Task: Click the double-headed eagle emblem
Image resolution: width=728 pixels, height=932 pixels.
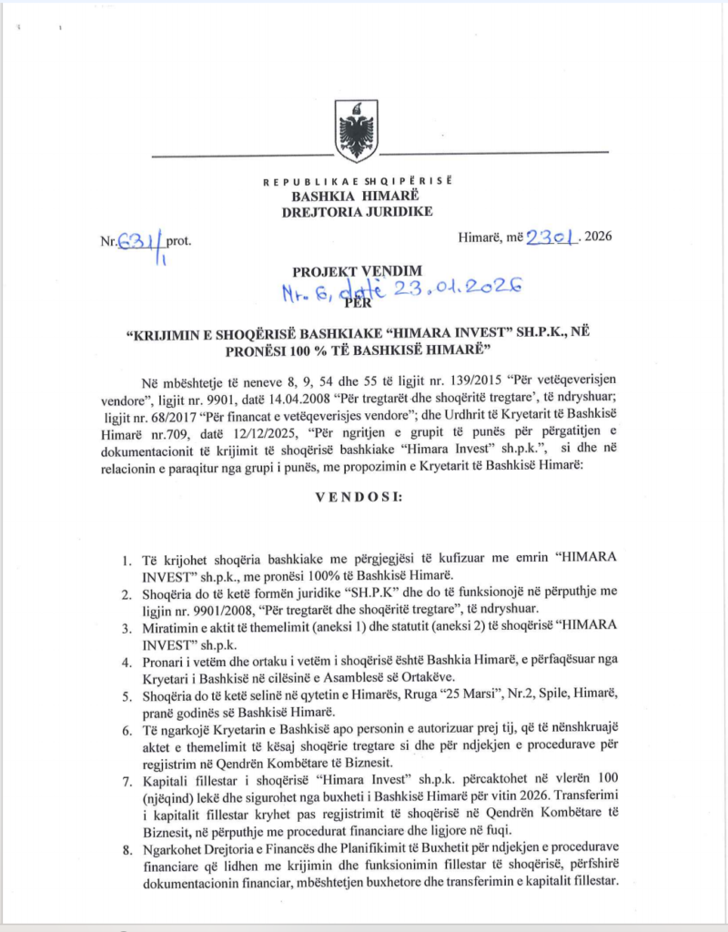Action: [x=357, y=125]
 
